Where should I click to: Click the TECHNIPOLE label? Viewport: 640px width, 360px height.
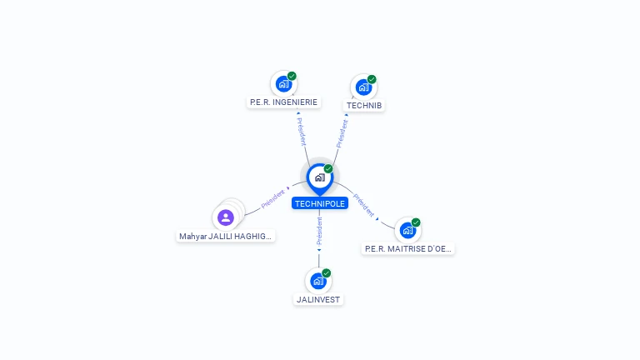pos(320,203)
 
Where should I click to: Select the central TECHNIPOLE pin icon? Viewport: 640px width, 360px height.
pos(320,179)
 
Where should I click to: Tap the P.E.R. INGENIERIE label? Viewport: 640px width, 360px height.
pos(283,102)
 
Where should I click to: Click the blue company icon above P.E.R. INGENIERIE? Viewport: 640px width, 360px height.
pos(283,84)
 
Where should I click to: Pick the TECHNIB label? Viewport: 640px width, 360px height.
pos(364,105)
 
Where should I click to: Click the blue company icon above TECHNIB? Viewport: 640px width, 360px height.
pos(363,87)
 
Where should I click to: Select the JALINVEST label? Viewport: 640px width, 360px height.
pos(318,300)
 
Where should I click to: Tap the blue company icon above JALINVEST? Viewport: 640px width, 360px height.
pos(318,281)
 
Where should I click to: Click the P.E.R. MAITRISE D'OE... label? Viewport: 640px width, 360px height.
pos(407,248)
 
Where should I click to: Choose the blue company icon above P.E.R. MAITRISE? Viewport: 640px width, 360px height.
pos(407,231)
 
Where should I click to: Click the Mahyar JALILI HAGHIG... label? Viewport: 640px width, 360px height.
pos(225,236)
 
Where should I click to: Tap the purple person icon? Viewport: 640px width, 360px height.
pos(226,217)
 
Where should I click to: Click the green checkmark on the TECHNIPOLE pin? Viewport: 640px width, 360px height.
pos(328,168)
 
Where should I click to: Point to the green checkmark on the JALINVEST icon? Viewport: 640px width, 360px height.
pos(326,273)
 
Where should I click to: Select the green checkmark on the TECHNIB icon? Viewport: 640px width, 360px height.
pos(372,79)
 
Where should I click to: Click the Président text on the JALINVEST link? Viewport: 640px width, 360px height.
pos(319,231)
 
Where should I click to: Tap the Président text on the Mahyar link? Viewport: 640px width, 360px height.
pos(272,199)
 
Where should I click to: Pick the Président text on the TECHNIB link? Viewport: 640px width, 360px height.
pos(342,133)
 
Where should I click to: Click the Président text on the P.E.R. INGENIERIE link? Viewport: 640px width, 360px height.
pos(301,132)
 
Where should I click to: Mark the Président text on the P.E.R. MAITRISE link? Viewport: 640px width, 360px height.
pos(363,205)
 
